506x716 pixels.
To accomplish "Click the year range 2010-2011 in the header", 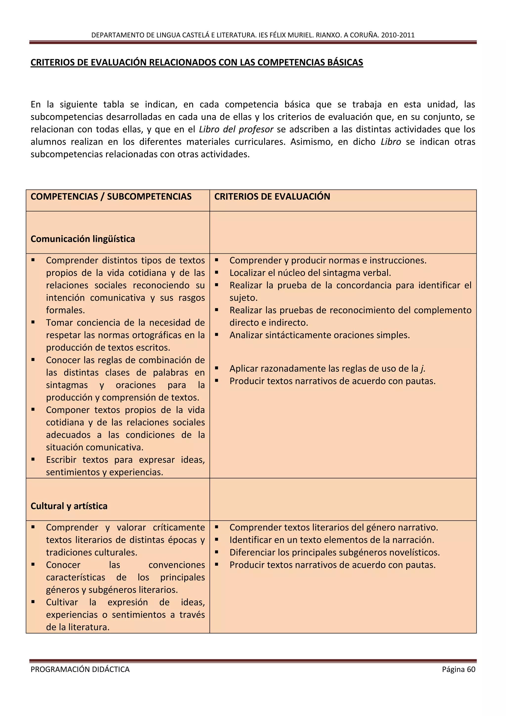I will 398,35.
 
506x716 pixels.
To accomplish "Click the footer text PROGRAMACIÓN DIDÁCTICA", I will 80,669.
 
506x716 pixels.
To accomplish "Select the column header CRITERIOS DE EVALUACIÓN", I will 272,197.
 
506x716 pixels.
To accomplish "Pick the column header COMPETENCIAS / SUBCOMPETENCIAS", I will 111,197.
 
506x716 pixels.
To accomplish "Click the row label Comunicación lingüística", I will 83,239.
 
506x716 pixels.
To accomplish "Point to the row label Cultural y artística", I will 69,506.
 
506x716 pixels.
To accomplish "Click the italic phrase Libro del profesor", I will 236,129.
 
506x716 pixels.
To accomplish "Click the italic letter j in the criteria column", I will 422,369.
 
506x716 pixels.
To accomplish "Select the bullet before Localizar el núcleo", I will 216,272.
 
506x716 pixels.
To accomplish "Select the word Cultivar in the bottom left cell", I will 62,602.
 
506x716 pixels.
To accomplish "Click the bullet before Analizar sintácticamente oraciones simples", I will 216,335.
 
